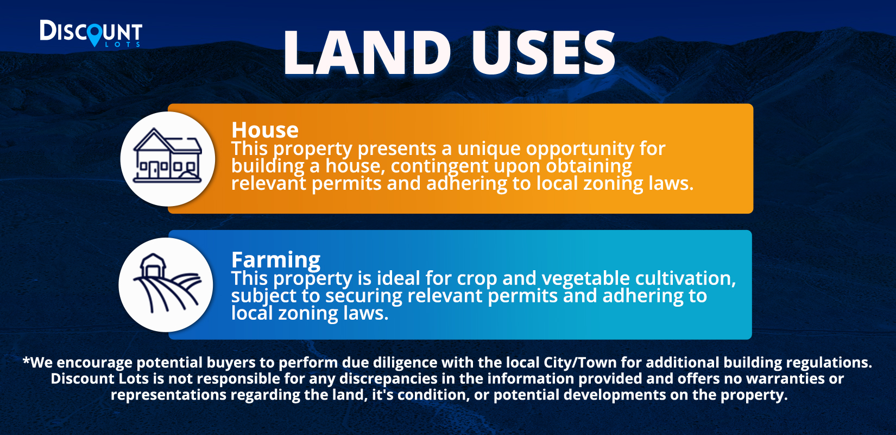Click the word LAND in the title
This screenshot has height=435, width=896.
(x=367, y=53)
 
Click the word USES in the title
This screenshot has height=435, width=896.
(x=544, y=53)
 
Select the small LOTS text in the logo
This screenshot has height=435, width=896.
(x=122, y=45)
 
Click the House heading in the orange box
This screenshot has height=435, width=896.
(x=265, y=130)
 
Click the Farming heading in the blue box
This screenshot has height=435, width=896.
(x=276, y=260)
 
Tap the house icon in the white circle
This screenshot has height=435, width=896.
(x=167, y=156)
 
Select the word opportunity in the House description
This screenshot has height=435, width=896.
(x=580, y=149)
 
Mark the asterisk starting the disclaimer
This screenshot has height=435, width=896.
(x=27, y=360)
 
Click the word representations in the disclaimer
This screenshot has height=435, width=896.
(x=168, y=395)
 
